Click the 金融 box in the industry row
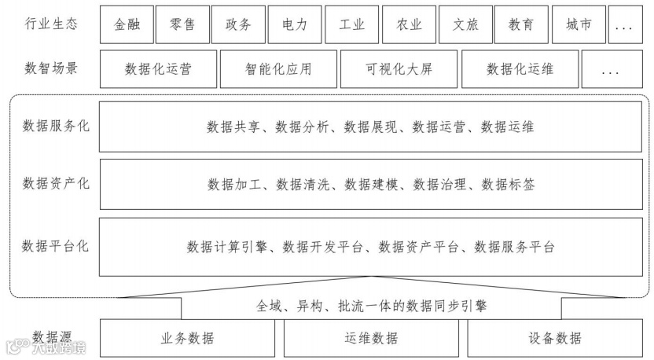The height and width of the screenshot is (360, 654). (127, 24)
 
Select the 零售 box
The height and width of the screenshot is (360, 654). (182, 24)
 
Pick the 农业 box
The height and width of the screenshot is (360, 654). (409, 24)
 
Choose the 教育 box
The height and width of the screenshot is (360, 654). (521, 24)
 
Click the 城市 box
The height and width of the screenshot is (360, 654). (578, 24)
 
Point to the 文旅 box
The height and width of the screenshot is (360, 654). (465, 24)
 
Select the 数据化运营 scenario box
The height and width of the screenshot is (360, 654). (158, 69)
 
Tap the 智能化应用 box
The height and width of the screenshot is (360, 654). (278, 69)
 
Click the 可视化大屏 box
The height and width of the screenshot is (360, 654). (399, 69)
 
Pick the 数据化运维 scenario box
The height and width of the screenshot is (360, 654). (520, 69)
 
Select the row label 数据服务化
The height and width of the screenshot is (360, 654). (56, 125)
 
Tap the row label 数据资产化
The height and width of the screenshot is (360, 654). (56, 184)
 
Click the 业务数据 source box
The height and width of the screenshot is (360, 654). (187, 339)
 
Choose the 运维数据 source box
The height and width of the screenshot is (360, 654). (371, 339)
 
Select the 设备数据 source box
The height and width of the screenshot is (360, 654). (555, 339)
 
